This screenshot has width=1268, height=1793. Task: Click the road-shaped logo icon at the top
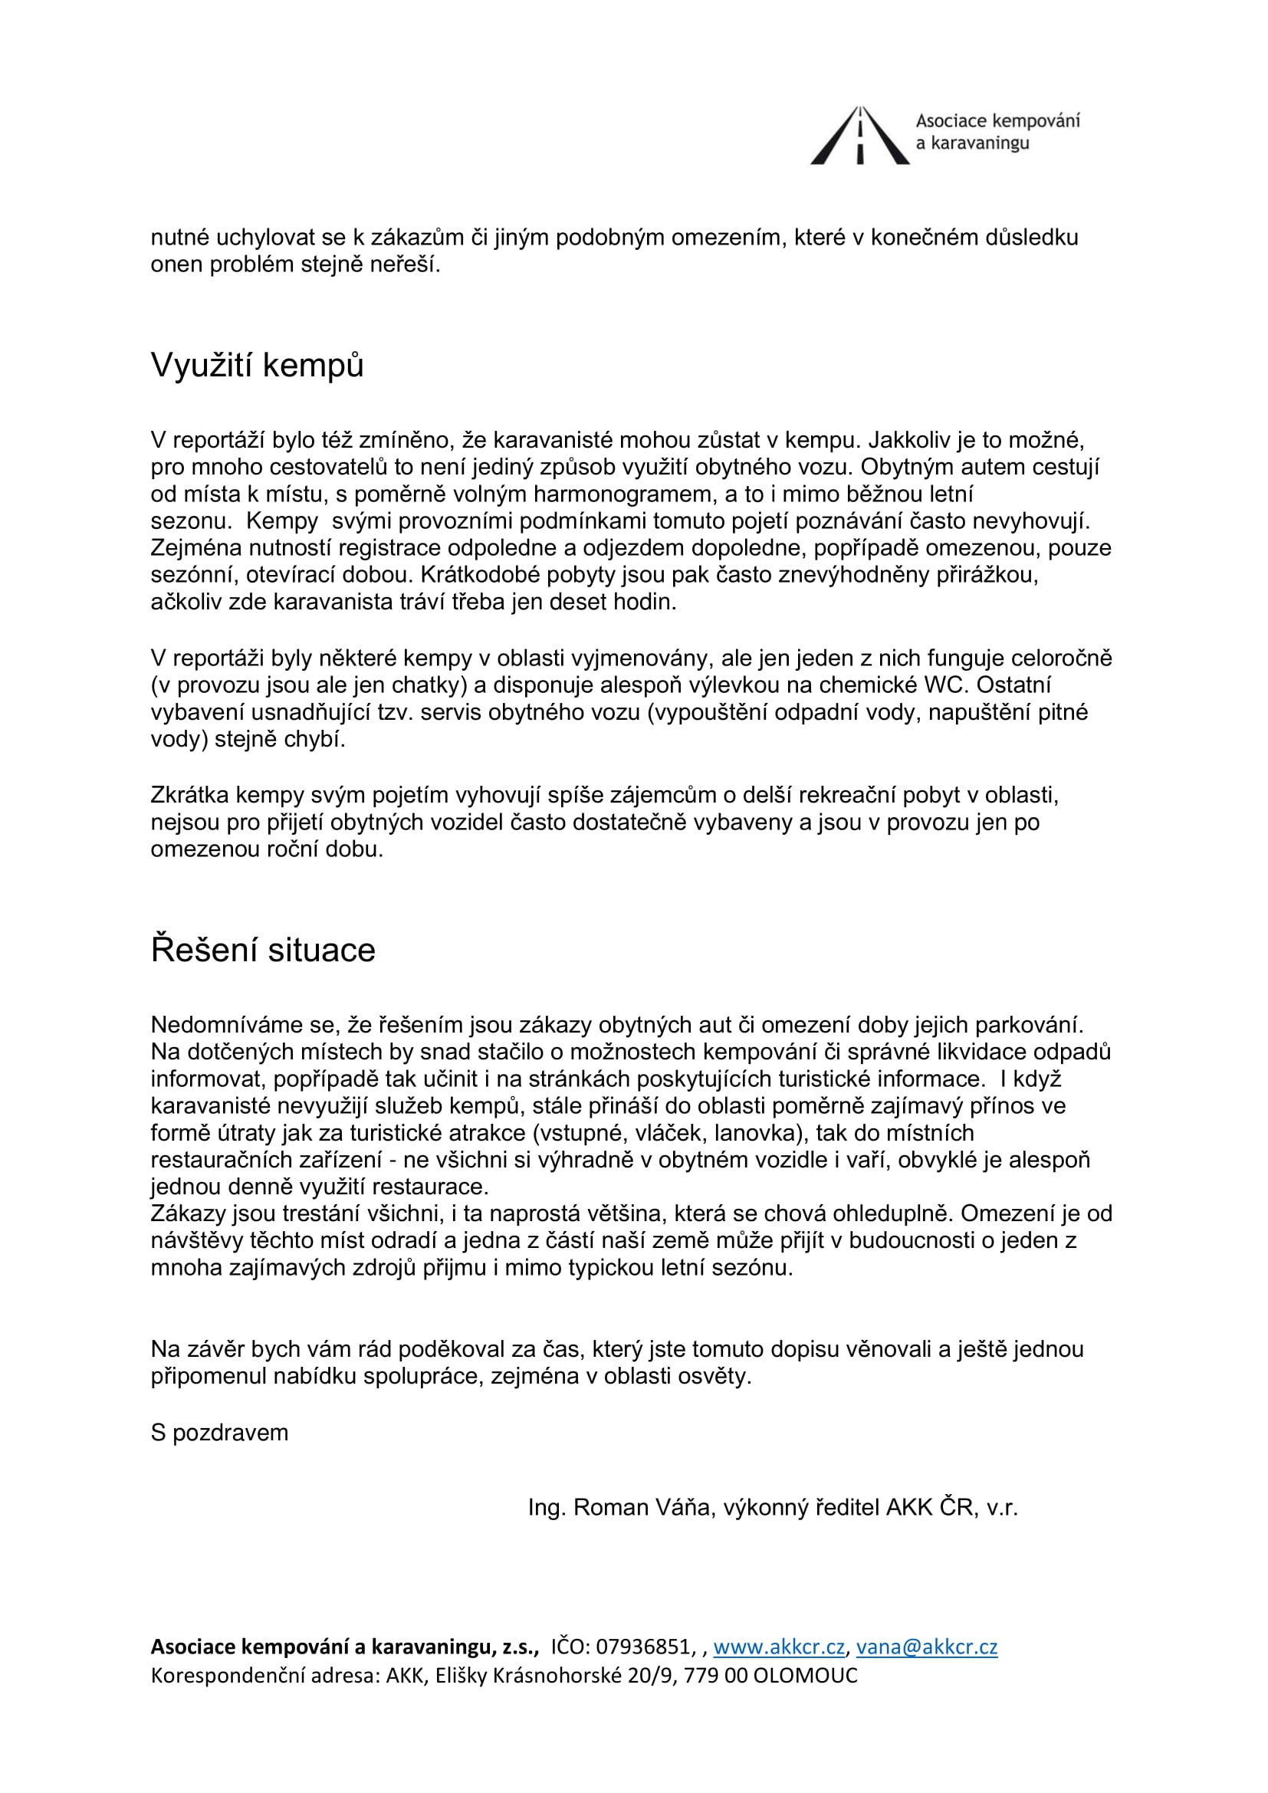point(859,136)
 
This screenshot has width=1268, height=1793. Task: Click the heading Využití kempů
point(257,366)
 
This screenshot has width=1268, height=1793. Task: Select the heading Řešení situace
point(263,951)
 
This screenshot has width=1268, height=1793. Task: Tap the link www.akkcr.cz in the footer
point(778,1647)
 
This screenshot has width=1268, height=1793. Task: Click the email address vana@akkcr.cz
point(927,1647)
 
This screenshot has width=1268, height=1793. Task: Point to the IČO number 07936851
point(642,1647)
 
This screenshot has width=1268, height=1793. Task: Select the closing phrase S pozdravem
point(219,1433)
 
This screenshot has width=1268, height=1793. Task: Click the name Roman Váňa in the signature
point(642,1507)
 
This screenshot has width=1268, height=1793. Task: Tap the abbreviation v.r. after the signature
point(1002,1507)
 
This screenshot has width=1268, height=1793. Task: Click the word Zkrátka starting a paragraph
point(189,795)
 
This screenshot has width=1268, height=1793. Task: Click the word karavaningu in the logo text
point(980,143)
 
